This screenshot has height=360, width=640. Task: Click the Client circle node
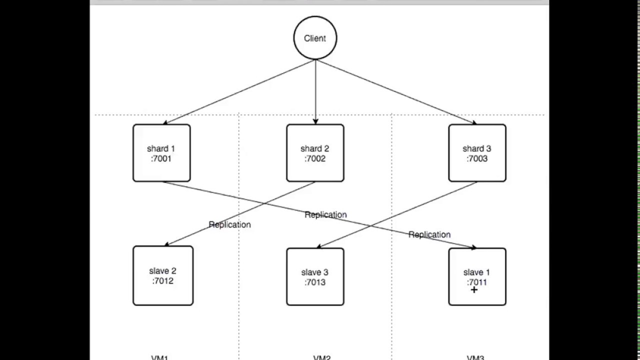coord(315,38)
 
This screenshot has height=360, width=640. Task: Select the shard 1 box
coord(161,153)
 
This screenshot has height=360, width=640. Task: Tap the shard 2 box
coord(315,153)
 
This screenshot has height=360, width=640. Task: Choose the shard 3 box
coord(477,153)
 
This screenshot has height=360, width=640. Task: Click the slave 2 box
coord(163,275)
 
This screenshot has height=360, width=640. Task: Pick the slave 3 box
coord(315,276)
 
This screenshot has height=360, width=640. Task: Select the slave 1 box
coord(477,276)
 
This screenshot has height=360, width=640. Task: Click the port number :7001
coord(161,159)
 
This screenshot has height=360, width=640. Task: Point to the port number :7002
coord(315,159)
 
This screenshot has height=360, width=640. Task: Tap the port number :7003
coord(477,159)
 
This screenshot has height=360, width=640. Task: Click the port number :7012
coord(163,281)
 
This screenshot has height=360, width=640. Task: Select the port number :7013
coord(315,282)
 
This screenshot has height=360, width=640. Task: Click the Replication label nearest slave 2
coord(229,224)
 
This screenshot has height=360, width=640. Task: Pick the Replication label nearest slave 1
coord(429,234)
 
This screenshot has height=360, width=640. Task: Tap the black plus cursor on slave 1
coord(473,289)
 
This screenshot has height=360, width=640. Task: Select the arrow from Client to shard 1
coord(239,92)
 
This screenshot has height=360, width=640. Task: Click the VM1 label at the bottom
coord(160,357)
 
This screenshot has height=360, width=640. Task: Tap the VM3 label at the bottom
coord(475,357)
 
